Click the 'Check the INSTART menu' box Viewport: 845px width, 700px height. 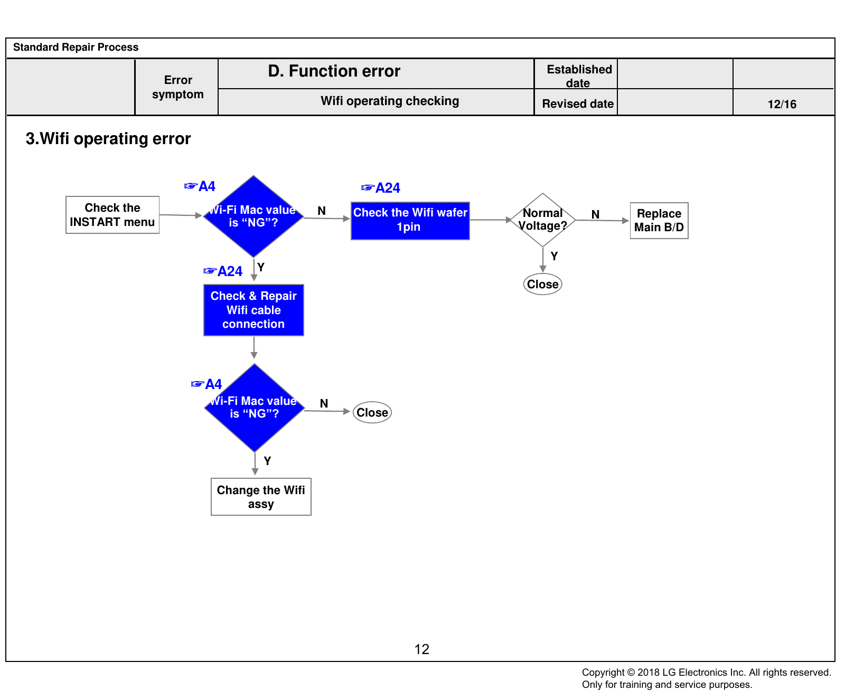click(112, 215)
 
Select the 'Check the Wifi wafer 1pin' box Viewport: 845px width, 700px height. click(410, 221)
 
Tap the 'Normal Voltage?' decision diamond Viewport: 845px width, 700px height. click(543, 220)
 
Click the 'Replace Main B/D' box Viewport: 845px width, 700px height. click(659, 221)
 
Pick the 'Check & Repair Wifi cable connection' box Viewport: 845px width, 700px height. click(253, 310)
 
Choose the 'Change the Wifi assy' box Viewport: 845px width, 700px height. click(261, 497)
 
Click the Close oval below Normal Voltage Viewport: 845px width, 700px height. click(543, 284)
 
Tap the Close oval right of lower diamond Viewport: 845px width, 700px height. click(372, 412)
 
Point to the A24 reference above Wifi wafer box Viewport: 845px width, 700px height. click(381, 188)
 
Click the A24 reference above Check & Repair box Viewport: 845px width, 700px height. click(223, 271)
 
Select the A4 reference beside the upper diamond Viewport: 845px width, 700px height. click(200, 186)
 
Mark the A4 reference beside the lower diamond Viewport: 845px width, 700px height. click(206, 384)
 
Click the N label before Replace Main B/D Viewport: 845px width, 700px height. click(595, 214)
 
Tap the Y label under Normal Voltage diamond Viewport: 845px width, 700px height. click(554, 256)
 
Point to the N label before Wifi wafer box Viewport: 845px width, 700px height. click(322, 211)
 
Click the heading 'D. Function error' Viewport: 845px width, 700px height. click(334, 71)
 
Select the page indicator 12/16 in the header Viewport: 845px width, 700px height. click(782, 104)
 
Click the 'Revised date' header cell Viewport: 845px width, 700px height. click(578, 103)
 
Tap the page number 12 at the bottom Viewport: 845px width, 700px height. click(422, 649)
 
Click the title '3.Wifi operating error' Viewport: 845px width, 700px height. click(108, 139)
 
